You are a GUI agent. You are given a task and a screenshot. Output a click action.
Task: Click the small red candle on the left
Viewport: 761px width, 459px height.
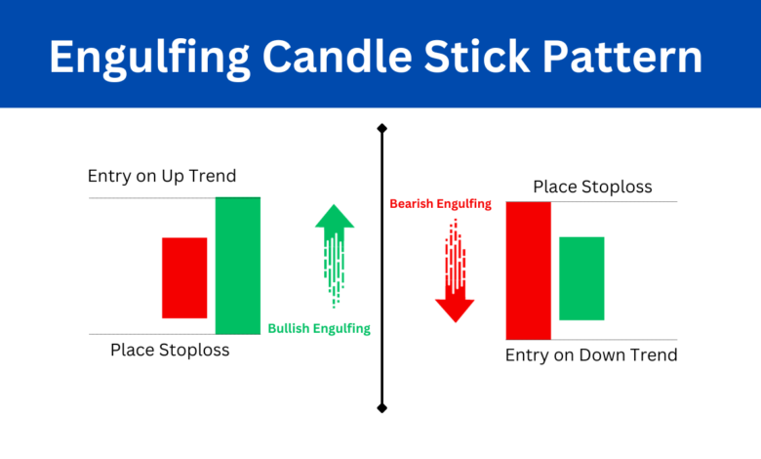(184, 277)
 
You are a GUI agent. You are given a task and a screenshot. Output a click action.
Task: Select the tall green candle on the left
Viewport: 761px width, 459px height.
(238, 266)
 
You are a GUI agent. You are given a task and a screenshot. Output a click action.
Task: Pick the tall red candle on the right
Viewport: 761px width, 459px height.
(529, 271)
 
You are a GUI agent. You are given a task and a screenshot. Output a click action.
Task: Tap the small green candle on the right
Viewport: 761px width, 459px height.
(582, 278)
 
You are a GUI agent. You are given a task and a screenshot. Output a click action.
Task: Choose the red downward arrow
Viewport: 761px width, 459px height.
(455, 271)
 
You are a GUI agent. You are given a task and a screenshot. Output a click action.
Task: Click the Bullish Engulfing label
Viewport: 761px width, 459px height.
(319, 329)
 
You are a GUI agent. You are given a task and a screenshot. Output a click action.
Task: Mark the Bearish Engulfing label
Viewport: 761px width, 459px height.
(440, 204)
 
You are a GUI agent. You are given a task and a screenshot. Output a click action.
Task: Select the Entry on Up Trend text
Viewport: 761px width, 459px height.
(162, 177)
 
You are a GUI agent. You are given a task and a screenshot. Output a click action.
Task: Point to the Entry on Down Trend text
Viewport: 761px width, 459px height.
(591, 355)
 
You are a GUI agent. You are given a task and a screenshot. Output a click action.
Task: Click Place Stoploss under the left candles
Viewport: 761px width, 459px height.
(170, 349)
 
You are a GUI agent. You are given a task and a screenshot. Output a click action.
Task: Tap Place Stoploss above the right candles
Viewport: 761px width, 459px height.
(592, 187)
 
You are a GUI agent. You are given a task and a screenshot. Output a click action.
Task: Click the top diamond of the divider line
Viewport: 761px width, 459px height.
(381, 128)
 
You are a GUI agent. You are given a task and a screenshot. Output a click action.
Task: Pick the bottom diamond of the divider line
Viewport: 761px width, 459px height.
(381, 406)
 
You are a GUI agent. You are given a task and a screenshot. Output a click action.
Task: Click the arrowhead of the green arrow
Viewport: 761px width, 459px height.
(335, 217)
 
